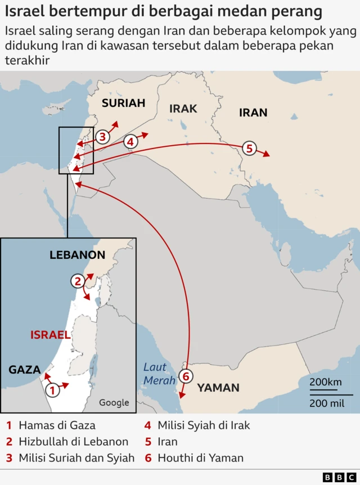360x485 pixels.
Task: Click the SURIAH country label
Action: pyautogui.click(x=123, y=103)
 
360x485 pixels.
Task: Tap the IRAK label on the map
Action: pyautogui.click(x=183, y=109)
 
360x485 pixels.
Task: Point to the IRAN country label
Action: pyautogui.click(x=253, y=113)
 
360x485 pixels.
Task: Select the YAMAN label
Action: pyautogui.click(x=218, y=388)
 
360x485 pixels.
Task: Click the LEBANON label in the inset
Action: pyautogui.click(x=77, y=255)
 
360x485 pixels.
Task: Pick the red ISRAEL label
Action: pyautogui.click(x=51, y=335)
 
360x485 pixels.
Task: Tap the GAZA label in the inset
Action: pyautogui.click(x=25, y=370)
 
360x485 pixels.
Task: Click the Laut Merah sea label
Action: pyautogui.click(x=155, y=374)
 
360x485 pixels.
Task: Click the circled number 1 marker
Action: pyautogui.click(x=52, y=389)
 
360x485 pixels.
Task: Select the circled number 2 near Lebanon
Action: pyautogui.click(x=78, y=280)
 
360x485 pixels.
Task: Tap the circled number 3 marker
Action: pyautogui.click(x=102, y=136)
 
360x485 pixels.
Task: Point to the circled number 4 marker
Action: pyautogui.click(x=130, y=142)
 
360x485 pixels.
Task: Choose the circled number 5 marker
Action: pyautogui.click(x=250, y=149)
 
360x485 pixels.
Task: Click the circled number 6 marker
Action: pyautogui.click(x=186, y=376)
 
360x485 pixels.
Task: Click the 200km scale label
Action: pyautogui.click(x=326, y=383)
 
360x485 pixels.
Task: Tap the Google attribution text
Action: pyautogui.click(x=114, y=402)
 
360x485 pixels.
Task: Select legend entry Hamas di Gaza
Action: pyautogui.click(x=56, y=425)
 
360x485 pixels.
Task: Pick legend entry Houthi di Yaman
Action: pyautogui.click(x=200, y=458)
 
